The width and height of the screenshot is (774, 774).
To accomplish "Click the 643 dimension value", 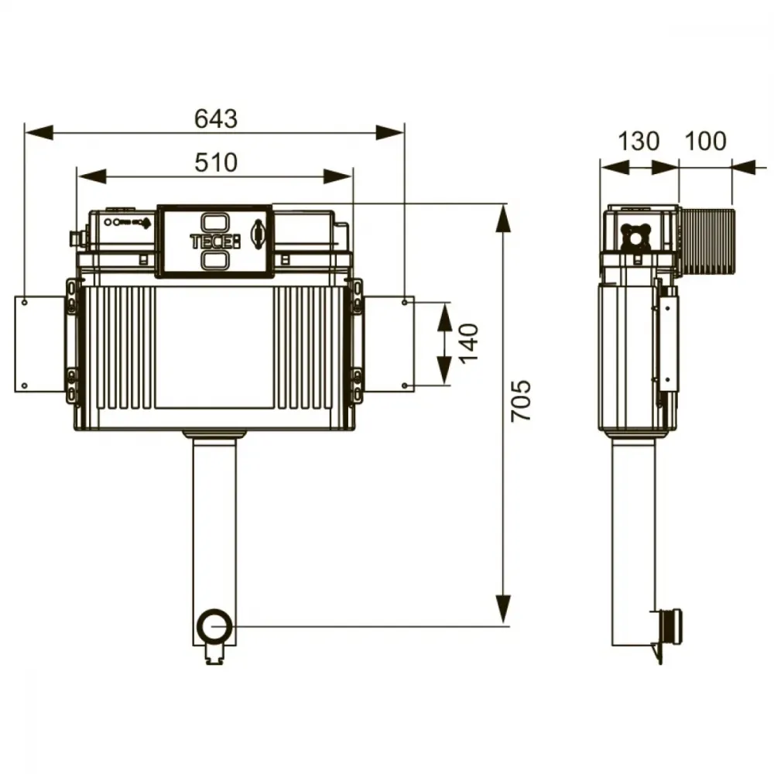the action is [x=216, y=119].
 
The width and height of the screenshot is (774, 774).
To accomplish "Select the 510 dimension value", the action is [x=216, y=163].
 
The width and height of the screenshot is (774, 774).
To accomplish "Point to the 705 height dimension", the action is [x=521, y=400].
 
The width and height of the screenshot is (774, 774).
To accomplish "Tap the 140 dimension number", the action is [x=469, y=343].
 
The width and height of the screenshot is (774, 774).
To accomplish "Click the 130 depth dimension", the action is [x=639, y=141].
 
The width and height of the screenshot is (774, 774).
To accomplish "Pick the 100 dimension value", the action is [x=705, y=141].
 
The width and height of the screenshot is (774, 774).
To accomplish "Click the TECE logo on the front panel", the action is [x=215, y=241].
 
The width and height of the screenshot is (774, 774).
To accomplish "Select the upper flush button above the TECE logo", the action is [x=214, y=222].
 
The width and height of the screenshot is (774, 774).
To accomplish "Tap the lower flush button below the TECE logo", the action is [x=214, y=260].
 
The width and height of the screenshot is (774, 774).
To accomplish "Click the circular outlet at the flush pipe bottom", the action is [x=214, y=625].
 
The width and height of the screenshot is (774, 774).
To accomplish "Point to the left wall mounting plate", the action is [x=40, y=344].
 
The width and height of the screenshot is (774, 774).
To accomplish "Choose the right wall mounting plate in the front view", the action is [x=389, y=344].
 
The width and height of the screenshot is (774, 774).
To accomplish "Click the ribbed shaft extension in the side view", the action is [x=707, y=241].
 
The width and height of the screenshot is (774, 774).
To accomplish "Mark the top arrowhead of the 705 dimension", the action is [x=503, y=218].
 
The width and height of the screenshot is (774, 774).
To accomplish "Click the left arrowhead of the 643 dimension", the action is [x=39, y=132].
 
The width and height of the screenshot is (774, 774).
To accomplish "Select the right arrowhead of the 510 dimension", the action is [x=338, y=176].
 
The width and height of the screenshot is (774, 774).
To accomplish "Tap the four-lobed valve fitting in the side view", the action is [x=635, y=238].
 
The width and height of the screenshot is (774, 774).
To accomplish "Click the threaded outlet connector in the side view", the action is [x=671, y=627].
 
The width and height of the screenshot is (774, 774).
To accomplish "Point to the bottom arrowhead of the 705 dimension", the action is [x=503, y=610].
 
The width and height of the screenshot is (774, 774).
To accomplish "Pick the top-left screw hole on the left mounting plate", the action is [x=25, y=302].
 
